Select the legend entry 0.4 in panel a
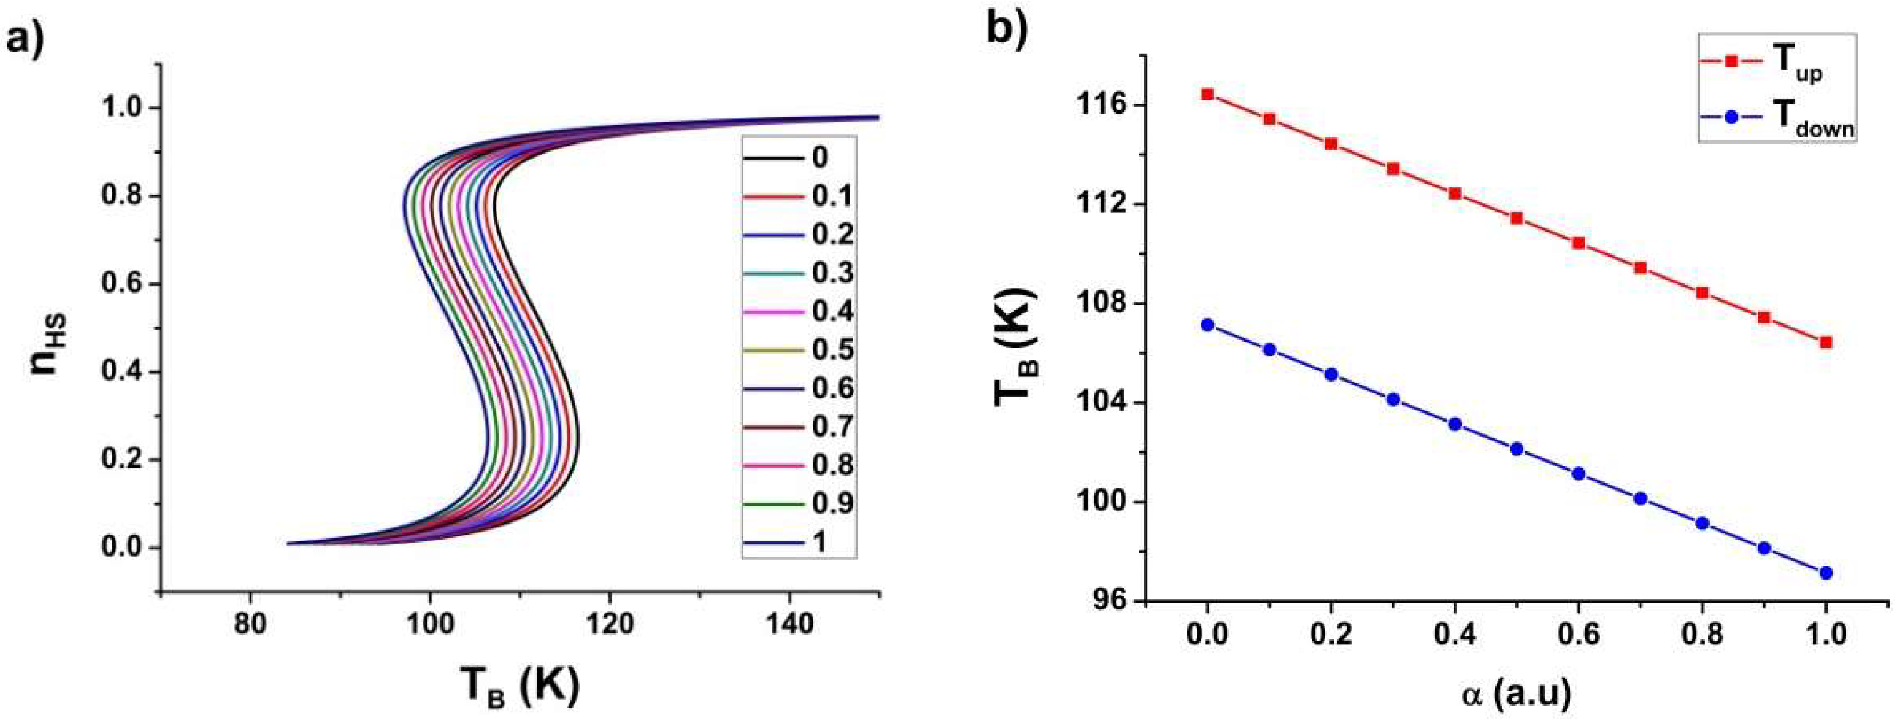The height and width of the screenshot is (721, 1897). point(832,312)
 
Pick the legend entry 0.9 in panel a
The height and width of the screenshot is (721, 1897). point(832,504)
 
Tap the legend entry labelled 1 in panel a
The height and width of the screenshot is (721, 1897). point(819,542)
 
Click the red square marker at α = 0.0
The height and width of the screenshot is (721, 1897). point(1207,94)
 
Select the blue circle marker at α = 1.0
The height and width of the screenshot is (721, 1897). point(1825,573)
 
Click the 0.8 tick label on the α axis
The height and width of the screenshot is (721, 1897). point(1702,635)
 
